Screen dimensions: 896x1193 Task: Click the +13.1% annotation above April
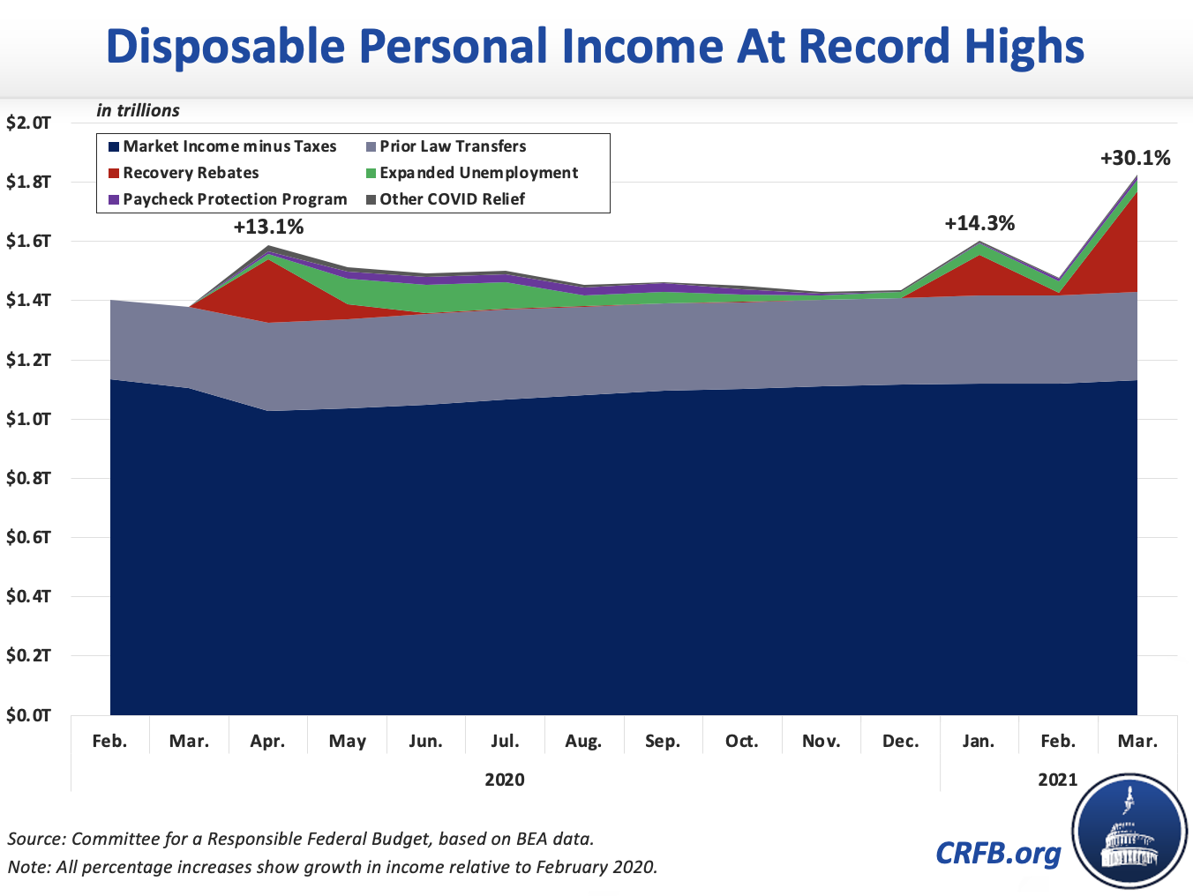click(x=268, y=227)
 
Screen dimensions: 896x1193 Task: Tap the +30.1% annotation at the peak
click(x=1135, y=158)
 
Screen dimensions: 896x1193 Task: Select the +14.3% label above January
click(x=979, y=223)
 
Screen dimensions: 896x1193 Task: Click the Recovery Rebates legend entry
click(x=191, y=173)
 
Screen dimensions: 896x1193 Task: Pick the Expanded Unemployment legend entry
click(x=478, y=173)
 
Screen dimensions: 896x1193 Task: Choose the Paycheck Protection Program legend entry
click(x=235, y=199)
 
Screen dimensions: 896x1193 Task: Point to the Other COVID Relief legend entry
click(x=452, y=199)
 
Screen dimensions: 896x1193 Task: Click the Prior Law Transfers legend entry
click(x=453, y=146)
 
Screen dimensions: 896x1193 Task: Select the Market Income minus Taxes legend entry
click(x=229, y=146)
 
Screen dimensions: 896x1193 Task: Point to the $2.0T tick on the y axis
click(x=28, y=123)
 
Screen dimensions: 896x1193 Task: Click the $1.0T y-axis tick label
click(x=28, y=419)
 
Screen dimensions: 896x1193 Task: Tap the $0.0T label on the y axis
click(x=28, y=715)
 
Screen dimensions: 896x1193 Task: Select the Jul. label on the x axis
click(x=505, y=741)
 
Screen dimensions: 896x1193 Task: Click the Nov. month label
click(x=821, y=741)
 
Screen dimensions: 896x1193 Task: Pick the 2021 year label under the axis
click(x=1057, y=780)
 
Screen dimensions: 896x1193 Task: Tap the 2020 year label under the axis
click(x=505, y=780)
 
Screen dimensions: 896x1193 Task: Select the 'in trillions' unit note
click(x=139, y=110)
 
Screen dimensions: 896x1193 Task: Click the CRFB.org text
click(x=998, y=853)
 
